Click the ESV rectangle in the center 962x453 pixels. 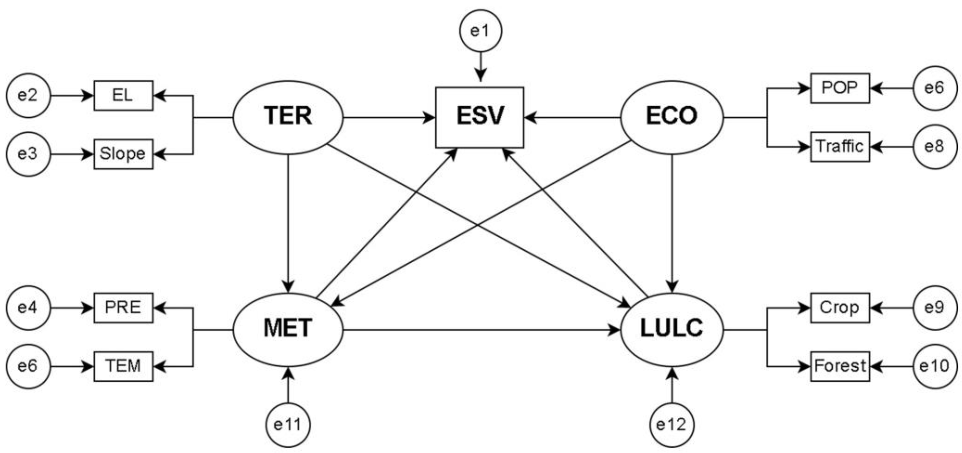click(480, 117)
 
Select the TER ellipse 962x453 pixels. click(288, 117)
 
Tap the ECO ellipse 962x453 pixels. click(672, 117)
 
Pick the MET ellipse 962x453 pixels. click(288, 329)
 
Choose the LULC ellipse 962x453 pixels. click(672, 329)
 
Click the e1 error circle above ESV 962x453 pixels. click(480, 31)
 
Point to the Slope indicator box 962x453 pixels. click(123, 154)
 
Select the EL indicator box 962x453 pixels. click(123, 95)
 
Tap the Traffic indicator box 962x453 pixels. click(839, 146)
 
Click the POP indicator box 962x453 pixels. click(839, 88)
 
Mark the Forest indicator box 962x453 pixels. click(839, 366)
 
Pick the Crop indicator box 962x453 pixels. click(839, 307)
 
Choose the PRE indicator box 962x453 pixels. click(123, 307)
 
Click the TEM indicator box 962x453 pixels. click(123, 366)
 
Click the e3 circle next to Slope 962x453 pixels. click(28, 154)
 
